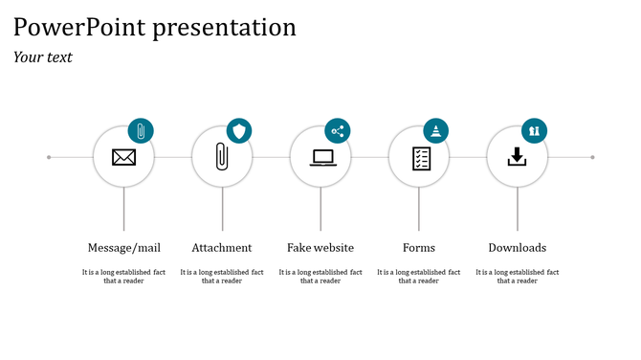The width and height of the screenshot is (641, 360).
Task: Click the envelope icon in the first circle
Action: pos(123,157)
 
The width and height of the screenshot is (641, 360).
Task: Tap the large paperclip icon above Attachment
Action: pos(222,157)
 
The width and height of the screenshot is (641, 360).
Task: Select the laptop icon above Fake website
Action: pos(321,157)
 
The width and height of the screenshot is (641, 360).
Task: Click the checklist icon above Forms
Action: pos(420,157)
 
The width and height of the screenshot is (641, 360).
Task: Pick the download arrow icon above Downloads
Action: pos(518,156)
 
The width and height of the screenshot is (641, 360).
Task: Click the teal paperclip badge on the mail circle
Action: pos(141,131)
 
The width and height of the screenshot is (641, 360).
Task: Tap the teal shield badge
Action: pos(239,131)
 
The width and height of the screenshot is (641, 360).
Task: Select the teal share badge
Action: pos(338,131)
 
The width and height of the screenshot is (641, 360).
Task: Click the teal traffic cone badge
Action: pos(436,131)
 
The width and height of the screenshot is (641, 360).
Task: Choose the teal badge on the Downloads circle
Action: pos(534,131)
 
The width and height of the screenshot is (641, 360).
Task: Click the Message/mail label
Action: pos(123,248)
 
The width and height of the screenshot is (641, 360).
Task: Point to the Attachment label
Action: pos(222,248)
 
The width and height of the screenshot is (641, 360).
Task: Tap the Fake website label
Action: pos(320,248)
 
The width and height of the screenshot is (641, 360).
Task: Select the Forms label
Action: pos(419,248)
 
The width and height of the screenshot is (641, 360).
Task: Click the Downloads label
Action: pos(518,248)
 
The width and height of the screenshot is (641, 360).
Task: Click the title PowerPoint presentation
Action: pos(155,27)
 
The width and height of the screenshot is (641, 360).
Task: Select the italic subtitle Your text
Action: pos(43,57)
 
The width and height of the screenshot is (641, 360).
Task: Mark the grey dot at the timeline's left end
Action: pos(49,157)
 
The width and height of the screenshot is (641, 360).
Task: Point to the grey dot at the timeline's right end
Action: pos(593,157)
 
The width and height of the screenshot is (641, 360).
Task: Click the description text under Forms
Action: pos(419,277)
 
